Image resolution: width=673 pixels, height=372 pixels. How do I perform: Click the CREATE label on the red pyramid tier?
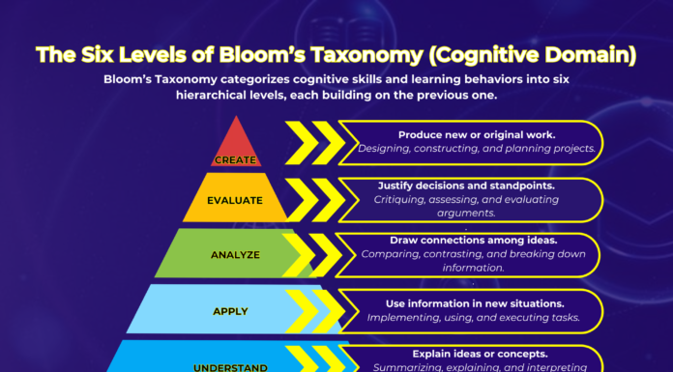236,159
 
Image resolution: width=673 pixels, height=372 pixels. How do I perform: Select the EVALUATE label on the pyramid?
236,201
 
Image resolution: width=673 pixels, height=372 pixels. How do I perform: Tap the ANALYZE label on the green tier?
235,255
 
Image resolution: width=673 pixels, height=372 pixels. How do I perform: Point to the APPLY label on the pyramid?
230,311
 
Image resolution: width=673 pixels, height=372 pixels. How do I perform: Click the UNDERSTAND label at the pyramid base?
230,366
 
